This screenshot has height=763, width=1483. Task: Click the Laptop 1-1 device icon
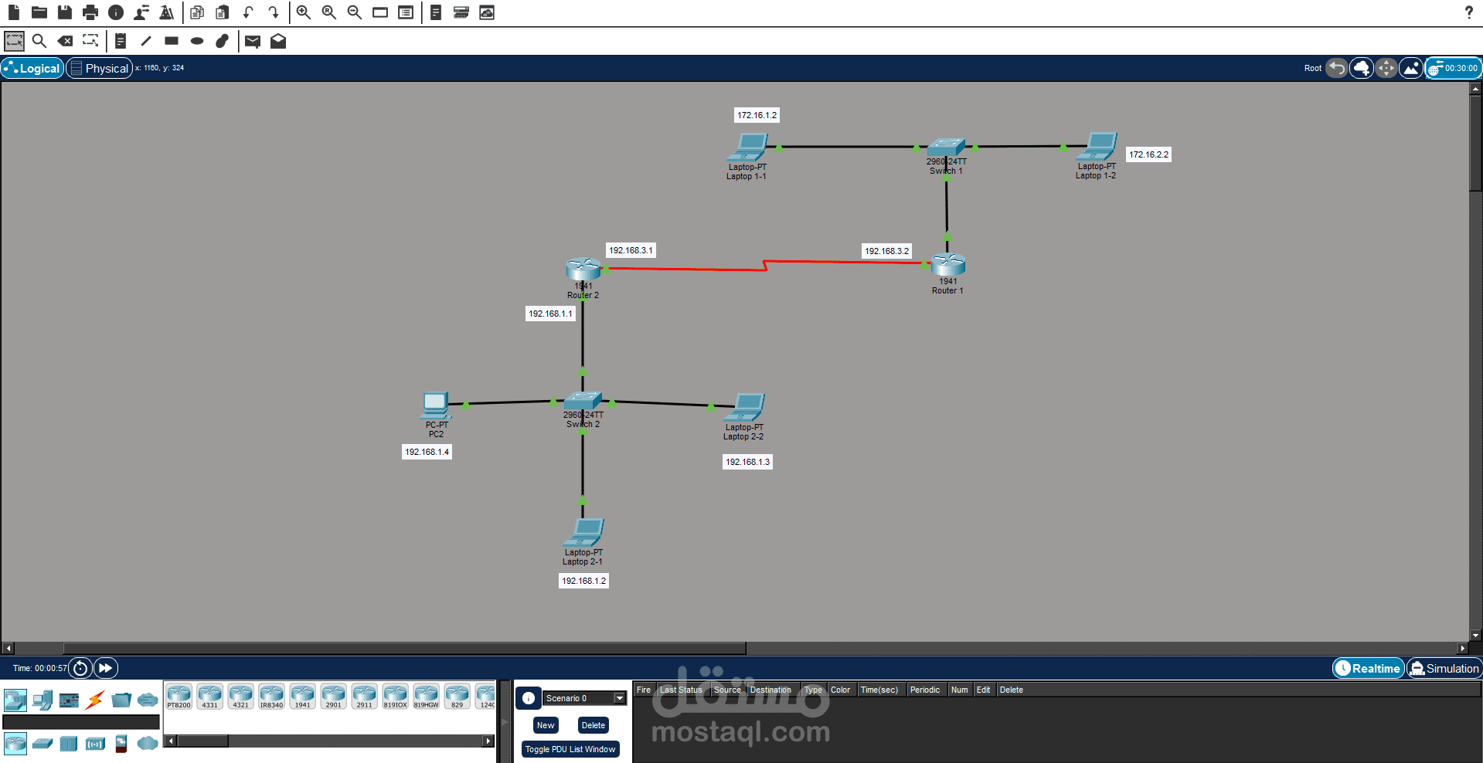(x=748, y=147)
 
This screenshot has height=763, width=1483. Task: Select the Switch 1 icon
(x=946, y=147)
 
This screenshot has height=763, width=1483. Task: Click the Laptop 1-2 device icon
(x=1098, y=146)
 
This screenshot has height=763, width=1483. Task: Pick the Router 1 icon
(x=948, y=265)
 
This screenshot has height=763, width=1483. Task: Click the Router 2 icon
(x=583, y=269)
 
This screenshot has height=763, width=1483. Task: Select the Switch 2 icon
(x=583, y=401)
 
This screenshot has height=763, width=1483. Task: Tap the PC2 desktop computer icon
(x=436, y=405)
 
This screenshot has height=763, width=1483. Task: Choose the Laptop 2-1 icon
(x=584, y=532)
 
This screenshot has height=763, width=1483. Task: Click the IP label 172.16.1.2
(x=757, y=115)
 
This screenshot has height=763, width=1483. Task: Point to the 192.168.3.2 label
(x=886, y=251)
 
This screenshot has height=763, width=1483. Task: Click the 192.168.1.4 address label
(x=427, y=452)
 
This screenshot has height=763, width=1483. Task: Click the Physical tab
(x=100, y=68)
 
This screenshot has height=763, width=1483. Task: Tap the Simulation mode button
(x=1444, y=669)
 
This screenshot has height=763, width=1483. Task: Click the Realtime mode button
(x=1368, y=669)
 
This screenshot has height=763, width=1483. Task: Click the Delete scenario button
(x=593, y=725)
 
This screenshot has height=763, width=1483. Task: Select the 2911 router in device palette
(x=364, y=696)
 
